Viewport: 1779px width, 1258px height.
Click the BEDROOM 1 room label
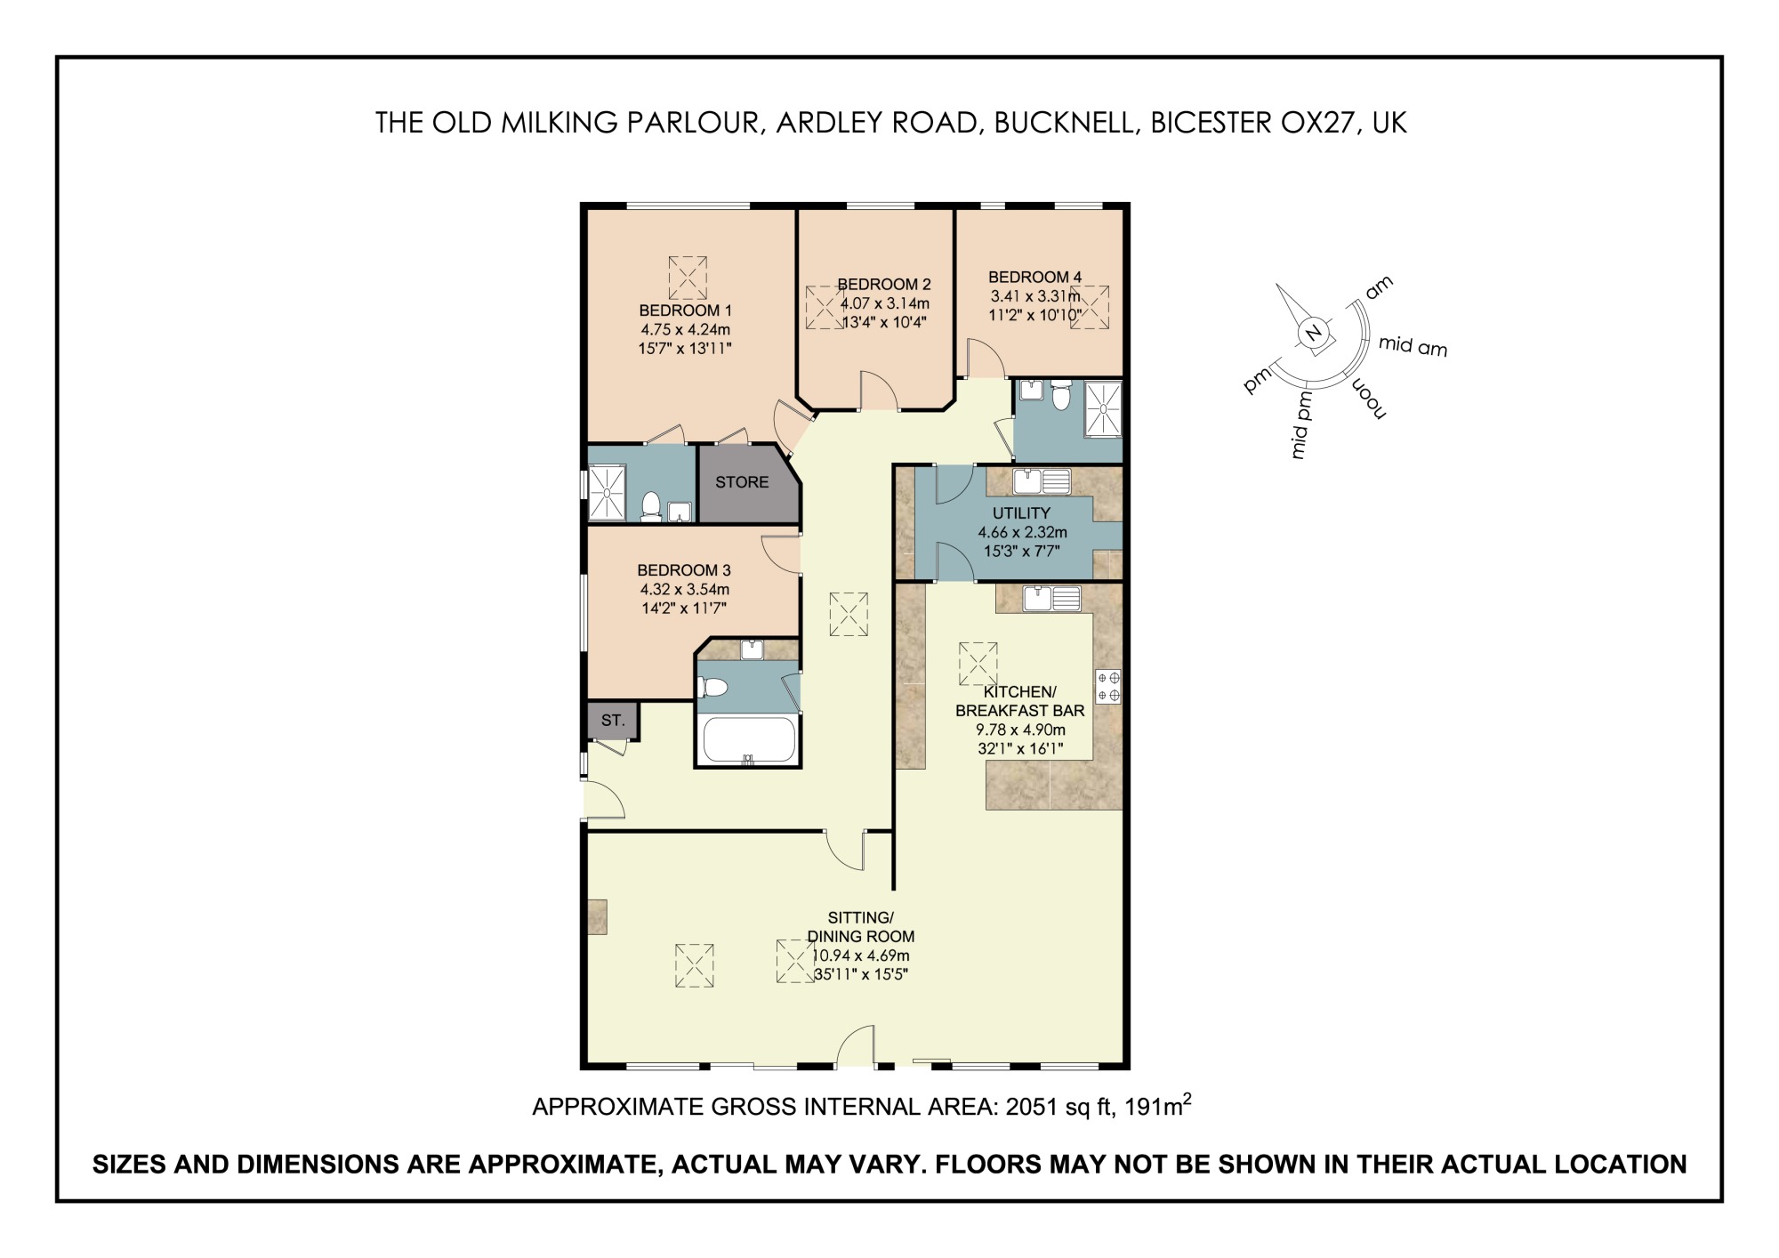(x=685, y=310)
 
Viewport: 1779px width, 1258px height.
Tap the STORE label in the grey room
(x=742, y=482)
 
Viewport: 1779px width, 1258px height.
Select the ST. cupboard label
(x=612, y=721)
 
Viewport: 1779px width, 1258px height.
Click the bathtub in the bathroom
(x=748, y=740)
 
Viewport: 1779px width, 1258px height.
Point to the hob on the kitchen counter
(x=1108, y=686)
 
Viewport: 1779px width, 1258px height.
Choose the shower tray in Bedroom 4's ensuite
(x=1103, y=408)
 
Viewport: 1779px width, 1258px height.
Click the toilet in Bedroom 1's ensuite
(x=651, y=506)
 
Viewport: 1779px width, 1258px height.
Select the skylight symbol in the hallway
(x=848, y=614)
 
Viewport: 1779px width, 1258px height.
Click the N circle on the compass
(x=1313, y=334)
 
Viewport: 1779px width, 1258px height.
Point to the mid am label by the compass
(x=1413, y=346)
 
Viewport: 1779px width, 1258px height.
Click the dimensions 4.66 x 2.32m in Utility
(x=1022, y=532)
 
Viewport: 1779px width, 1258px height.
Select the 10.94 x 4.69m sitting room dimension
(x=860, y=956)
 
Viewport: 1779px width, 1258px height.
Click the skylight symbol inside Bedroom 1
(x=687, y=278)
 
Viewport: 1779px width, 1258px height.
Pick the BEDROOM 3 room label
(x=683, y=570)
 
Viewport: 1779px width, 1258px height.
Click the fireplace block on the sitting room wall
(x=597, y=916)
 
